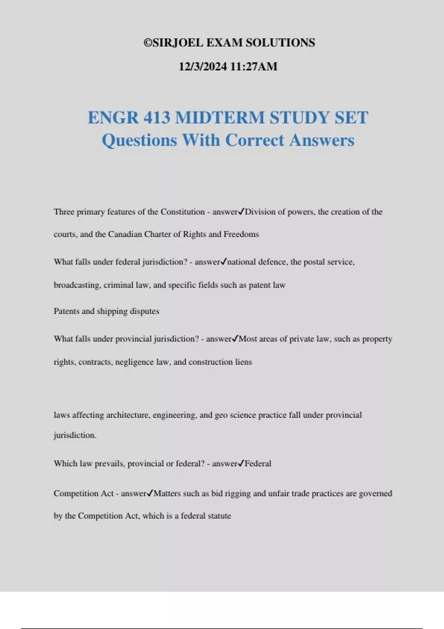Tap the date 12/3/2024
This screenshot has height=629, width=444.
point(203,67)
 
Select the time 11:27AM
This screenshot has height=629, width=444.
point(254,67)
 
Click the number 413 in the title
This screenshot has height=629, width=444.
point(157,118)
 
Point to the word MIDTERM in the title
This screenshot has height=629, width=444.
point(220,118)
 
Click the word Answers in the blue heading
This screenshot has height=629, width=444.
point(322,140)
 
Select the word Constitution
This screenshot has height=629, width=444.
point(182,212)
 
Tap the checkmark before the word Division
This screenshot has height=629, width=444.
point(241,212)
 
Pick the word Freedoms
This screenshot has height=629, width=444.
point(241,234)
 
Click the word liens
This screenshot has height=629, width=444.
point(243,362)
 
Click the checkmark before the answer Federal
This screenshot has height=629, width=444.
point(241,463)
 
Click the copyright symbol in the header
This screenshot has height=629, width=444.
point(148,43)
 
